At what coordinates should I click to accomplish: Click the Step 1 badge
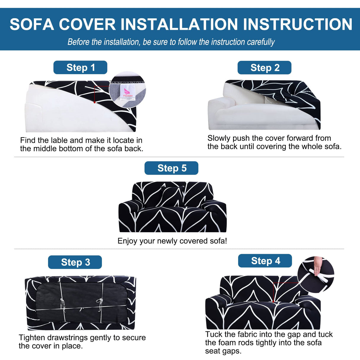click(80, 68)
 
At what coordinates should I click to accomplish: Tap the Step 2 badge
click(265, 68)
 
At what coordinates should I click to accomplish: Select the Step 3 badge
click(75, 262)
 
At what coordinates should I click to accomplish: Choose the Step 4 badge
click(265, 261)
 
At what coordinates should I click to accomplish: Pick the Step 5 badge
click(171, 168)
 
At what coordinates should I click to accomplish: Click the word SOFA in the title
click(31, 24)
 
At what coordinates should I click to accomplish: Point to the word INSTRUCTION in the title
click(297, 24)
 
